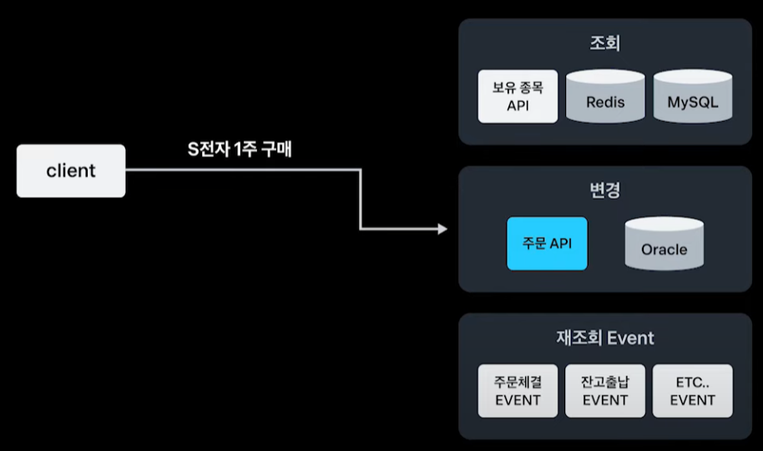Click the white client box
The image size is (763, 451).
[x=71, y=171]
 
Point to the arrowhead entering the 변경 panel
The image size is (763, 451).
[x=443, y=229]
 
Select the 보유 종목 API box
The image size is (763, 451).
[x=518, y=96]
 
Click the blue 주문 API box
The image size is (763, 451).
[x=547, y=244]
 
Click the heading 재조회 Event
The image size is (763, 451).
[x=605, y=337]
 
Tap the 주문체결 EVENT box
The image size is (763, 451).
[x=518, y=391]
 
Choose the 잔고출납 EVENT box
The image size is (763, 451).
[x=605, y=391]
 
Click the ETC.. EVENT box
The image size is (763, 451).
[x=692, y=391]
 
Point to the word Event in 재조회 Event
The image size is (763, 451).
[x=631, y=337]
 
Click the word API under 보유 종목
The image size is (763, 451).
[x=518, y=106]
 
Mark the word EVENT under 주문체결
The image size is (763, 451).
[x=518, y=400]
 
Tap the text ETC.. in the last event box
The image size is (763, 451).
[x=692, y=382]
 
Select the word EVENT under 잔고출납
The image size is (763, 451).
[x=605, y=400]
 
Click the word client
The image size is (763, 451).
[x=71, y=171]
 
